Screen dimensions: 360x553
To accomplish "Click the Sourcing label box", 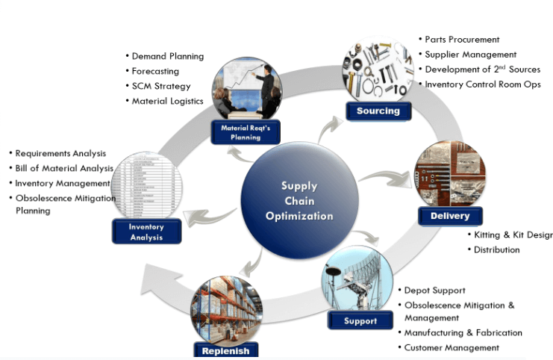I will (x=378, y=111).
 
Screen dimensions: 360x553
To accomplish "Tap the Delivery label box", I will (x=450, y=216).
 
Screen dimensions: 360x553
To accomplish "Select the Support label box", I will (x=360, y=321).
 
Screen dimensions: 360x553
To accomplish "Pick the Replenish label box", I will (x=225, y=350).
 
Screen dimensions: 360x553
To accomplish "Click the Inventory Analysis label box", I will (x=146, y=232).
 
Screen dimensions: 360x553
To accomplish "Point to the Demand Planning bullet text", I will (x=168, y=56).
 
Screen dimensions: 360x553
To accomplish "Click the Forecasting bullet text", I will (x=155, y=71).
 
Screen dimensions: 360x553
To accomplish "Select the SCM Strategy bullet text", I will (x=161, y=86).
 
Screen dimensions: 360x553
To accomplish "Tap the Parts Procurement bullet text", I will (x=462, y=39).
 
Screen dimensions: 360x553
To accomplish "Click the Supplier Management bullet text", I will (x=470, y=54).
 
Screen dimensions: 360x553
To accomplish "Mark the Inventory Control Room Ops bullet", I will (x=482, y=84).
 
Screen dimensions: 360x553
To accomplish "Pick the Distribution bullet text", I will (x=496, y=249).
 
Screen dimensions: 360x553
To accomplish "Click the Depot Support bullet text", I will (x=434, y=290).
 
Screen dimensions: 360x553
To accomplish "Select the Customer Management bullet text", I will (x=452, y=347).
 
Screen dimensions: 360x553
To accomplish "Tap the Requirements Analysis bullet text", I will (x=60, y=153).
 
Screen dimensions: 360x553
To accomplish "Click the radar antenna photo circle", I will (x=358, y=283).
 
